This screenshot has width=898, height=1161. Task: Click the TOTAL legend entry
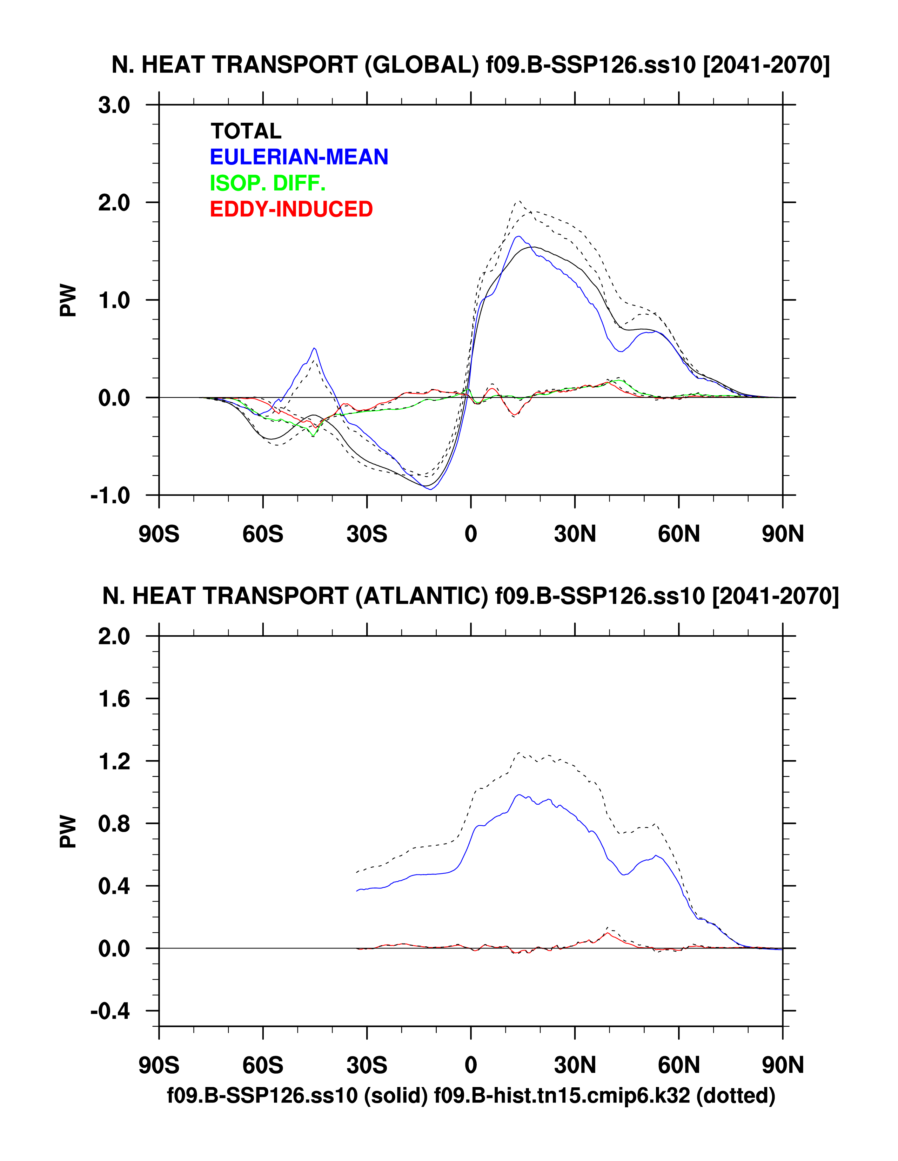(x=246, y=131)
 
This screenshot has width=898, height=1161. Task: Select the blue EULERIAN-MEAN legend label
(x=299, y=157)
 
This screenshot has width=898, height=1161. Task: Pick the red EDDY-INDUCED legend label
(x=291, y=209)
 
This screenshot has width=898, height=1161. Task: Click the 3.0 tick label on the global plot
(x=114, y=105)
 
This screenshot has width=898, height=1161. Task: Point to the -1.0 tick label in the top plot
(x=110, y=496)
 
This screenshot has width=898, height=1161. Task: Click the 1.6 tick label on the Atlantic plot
(x=114, y=698)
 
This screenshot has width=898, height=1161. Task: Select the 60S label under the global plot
(x=263, y=533)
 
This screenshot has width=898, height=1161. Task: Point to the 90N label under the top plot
(x=783, y=533)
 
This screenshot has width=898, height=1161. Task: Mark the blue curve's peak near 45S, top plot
(x=315, y=348)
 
